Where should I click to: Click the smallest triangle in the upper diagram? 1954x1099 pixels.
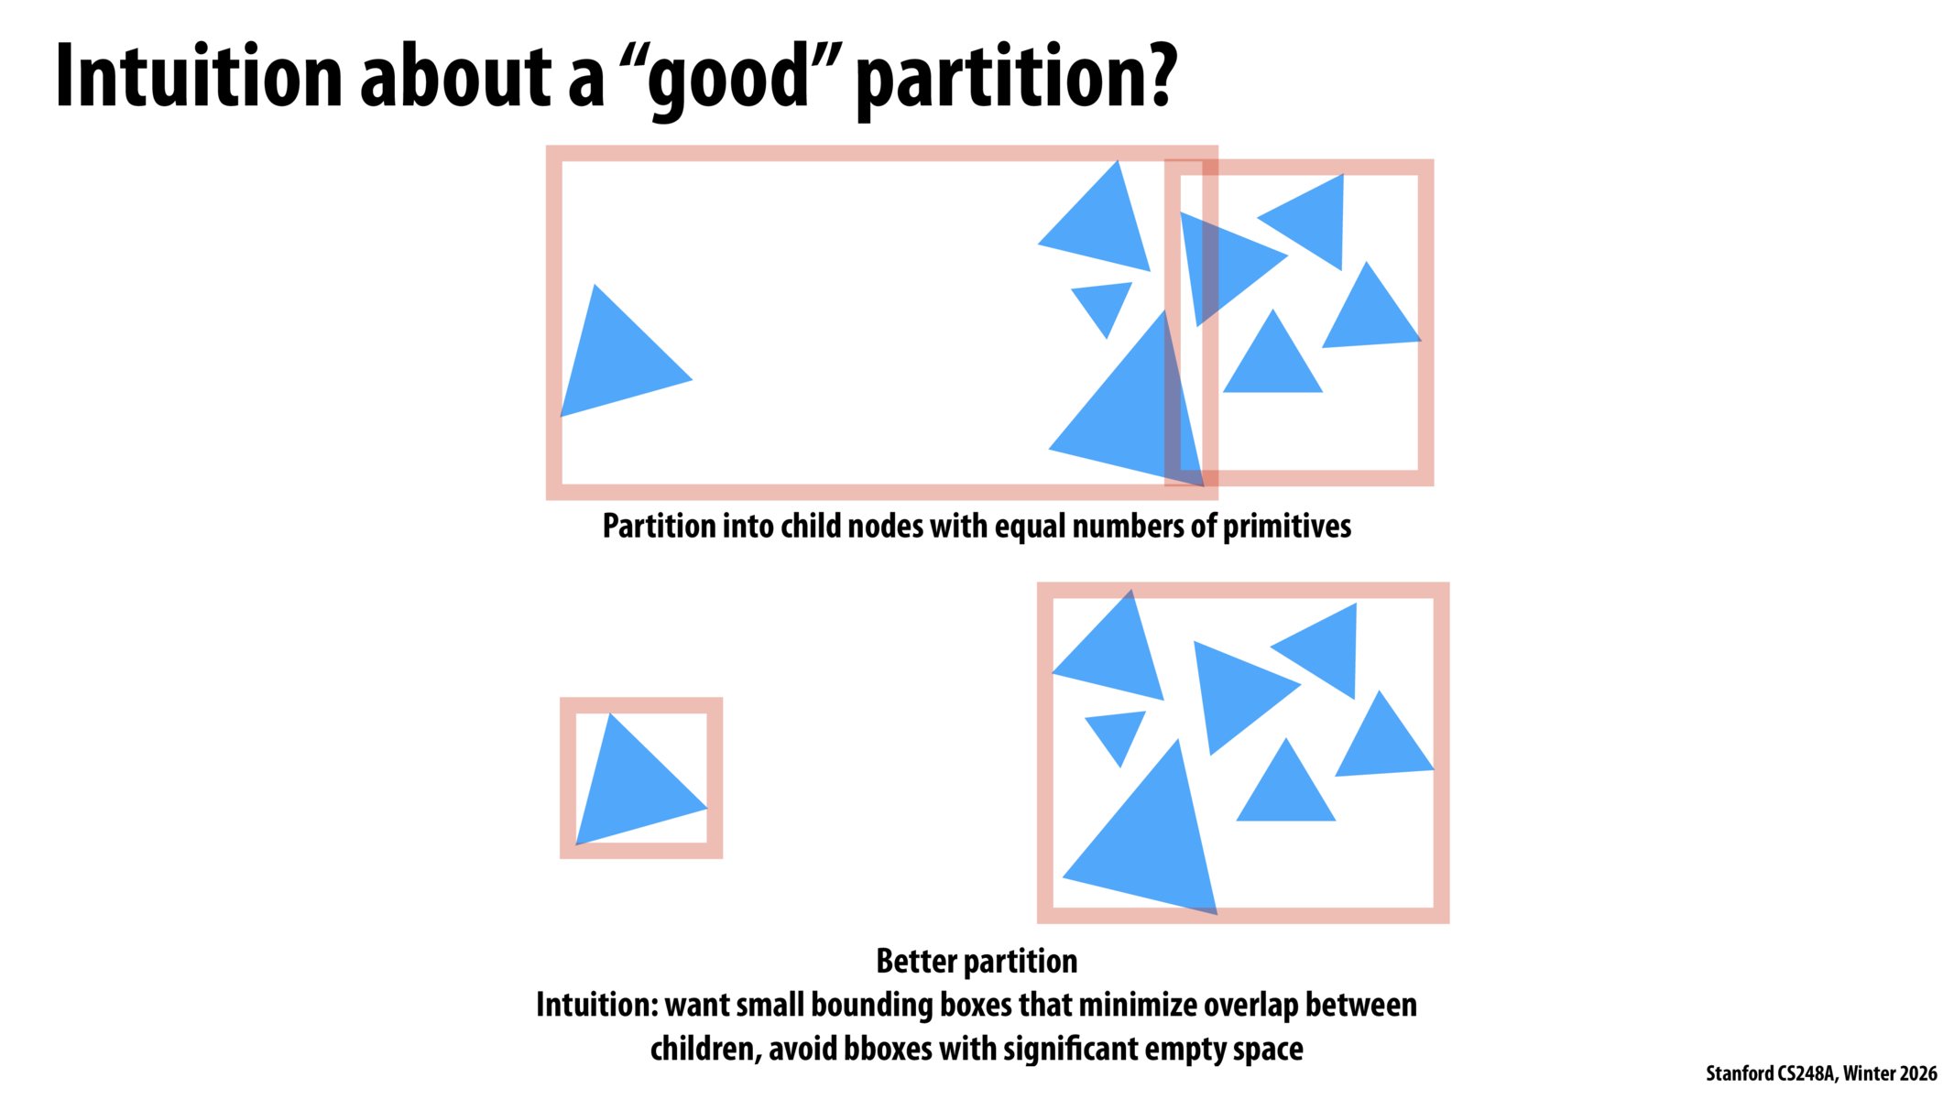[1103, 305]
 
